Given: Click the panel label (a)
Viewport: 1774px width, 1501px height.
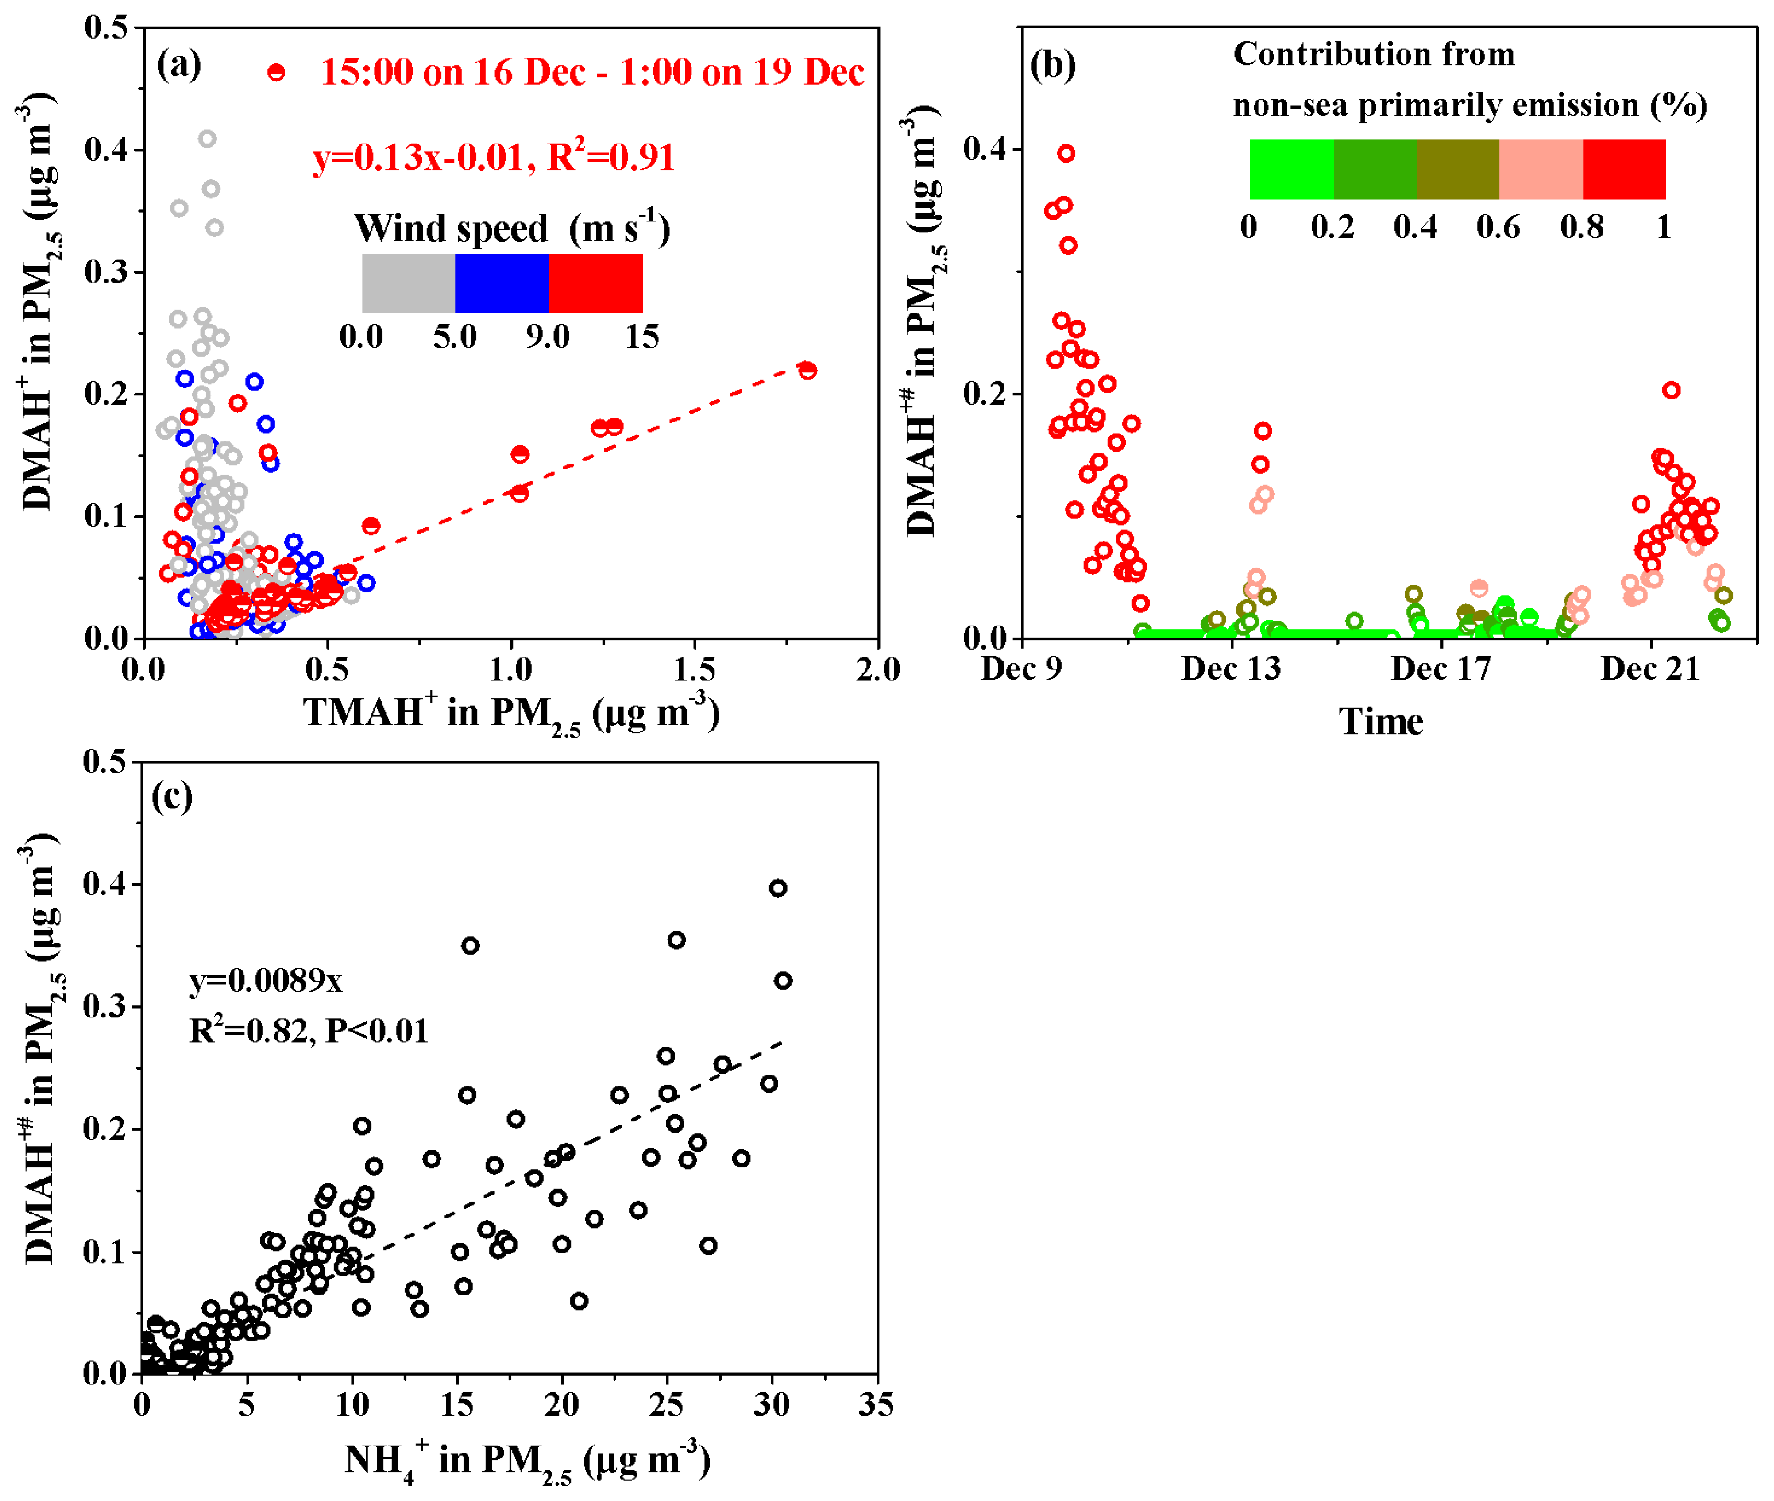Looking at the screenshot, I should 179,65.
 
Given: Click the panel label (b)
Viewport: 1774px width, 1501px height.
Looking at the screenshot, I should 1052,65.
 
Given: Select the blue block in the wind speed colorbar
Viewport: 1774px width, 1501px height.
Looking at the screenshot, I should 502,283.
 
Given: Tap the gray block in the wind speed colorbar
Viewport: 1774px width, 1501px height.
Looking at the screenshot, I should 408,283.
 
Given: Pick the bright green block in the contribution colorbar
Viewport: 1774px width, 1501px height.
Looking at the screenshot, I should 1291,169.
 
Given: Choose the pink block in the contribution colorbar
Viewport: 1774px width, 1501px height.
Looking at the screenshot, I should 1540,169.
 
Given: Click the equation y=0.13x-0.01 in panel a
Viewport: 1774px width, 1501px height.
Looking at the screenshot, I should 416,158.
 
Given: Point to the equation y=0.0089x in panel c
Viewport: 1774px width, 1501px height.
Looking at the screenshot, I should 265,981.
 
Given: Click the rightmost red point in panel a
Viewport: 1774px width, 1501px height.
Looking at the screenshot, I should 807,370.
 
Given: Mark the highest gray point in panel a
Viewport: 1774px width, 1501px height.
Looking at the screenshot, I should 207,139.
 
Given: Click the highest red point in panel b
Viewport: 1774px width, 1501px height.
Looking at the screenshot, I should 1066,153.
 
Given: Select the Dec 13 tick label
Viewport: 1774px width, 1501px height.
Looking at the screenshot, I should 1230,670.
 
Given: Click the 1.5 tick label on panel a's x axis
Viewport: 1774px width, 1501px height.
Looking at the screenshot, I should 694,670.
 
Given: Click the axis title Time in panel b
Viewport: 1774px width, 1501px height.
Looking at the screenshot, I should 1381,722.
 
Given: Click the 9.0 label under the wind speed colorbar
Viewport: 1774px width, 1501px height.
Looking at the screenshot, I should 547,337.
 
